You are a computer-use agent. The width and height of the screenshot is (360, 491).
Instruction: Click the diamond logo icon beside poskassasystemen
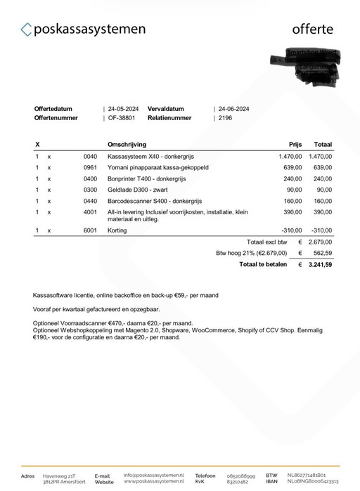tap(27, 30)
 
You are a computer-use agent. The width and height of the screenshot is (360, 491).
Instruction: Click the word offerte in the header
tap(313, 29)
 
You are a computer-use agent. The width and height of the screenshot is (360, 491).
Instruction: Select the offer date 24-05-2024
tap(123, 109)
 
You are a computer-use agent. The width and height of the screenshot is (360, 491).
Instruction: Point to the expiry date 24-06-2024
tap(234, 109)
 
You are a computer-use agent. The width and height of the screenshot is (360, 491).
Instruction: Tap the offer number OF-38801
tap(121, 118)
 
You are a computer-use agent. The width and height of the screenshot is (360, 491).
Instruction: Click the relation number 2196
tap(225, 118)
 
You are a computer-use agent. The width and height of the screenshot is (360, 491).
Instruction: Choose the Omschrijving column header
tap(127, 144)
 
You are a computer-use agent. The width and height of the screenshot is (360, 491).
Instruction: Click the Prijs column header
tap(295, 144)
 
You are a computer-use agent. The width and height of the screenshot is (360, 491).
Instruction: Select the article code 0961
tap(90, 167)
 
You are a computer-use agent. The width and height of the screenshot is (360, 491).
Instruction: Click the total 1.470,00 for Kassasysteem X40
tap(320, 156)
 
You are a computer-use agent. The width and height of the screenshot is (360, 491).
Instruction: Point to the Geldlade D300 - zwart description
tap(138, 190)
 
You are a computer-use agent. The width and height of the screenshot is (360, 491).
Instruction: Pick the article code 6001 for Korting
tap(90, 230)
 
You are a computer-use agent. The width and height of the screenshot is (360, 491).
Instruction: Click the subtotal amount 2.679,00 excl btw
tap(320, 242)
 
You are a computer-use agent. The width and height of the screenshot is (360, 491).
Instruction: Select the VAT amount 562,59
tap(323, 253)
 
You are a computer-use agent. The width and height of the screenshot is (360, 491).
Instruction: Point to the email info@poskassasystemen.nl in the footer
tap(154, 475)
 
